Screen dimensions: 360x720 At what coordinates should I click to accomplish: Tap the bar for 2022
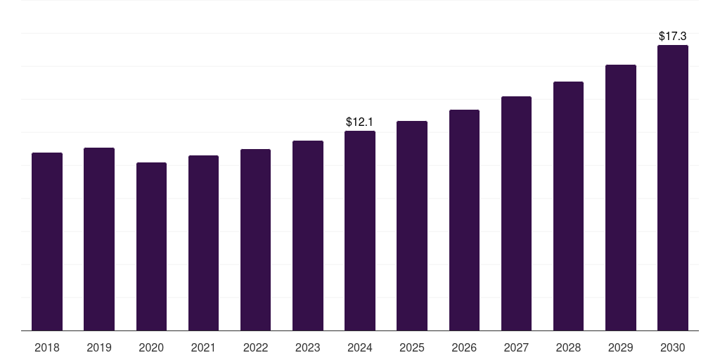tap(255, 240)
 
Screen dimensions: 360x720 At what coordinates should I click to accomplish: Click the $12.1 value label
tap(360, 122)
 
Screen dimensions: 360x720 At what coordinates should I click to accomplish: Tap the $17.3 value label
tap(672, 35)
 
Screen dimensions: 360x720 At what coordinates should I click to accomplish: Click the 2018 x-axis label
tap(47, 347)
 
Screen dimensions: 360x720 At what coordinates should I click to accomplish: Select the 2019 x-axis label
tap(99, 347)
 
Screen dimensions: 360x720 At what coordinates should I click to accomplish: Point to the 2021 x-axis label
tap(203, 347)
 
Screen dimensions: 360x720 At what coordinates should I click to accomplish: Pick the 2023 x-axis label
tap(307, 347)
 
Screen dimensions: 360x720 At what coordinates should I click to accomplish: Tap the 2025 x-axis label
tap(412, 347)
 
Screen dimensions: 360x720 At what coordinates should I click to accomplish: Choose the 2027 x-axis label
tap(516, 347)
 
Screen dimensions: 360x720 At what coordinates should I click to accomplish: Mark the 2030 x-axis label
tap(672, 347)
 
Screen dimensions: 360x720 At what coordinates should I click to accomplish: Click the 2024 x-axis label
tap(360, 347)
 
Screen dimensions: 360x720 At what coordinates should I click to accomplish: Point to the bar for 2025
tap(412, 226)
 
